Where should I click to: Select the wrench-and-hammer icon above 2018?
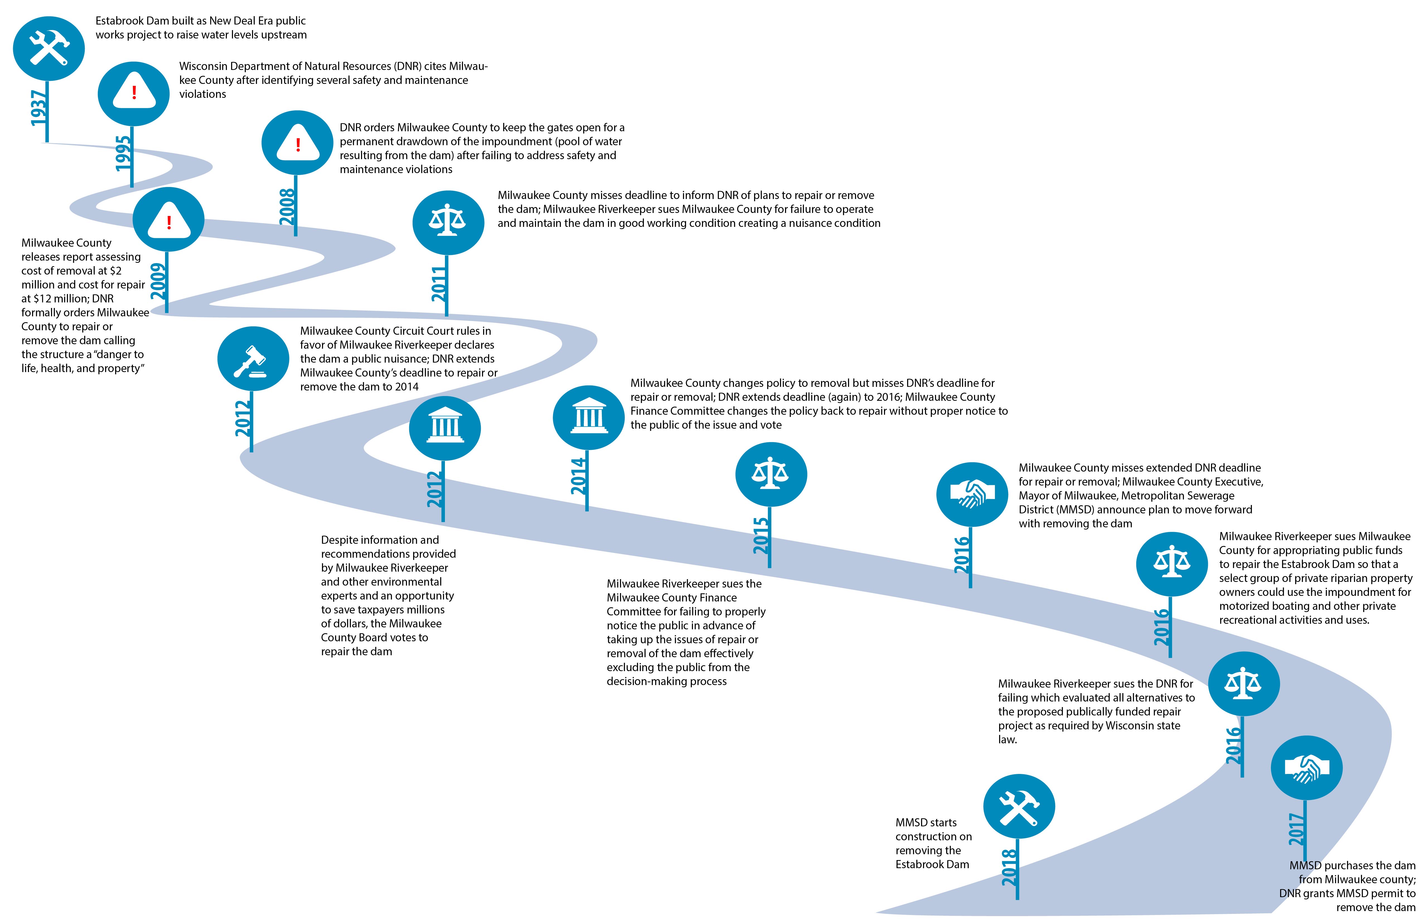point(1019,807)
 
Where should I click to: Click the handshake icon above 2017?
point(1307,768)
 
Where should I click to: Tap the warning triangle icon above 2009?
point(168,220)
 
